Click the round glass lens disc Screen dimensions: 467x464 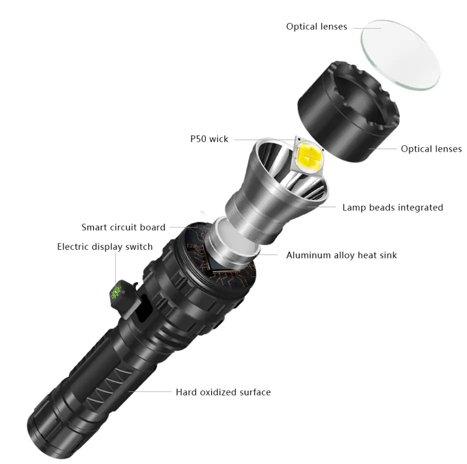(400, 55)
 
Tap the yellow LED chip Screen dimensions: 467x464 (309, 158)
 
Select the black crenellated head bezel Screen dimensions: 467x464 (348, 112)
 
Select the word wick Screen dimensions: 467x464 (218, 139)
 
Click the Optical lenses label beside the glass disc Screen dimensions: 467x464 (316, 27)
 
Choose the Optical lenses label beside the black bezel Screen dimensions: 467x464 (431, 149)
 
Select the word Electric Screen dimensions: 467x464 (72, 247)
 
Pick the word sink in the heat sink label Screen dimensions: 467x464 (387, 255)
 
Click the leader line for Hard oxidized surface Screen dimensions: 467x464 (150, 391)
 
